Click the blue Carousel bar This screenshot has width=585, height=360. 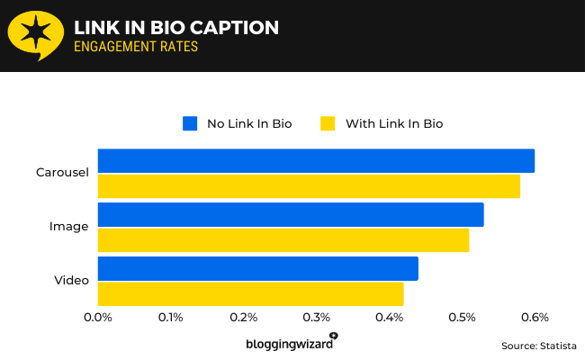point(316,160)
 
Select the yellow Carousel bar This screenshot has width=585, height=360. point(309,186)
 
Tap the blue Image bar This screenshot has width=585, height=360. point(291,214)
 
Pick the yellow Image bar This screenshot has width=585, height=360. point(283,240)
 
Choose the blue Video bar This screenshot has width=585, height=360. point(257,268)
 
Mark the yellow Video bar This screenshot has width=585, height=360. point(250,294)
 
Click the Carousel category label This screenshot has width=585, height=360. point(62,173)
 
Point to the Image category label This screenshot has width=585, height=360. point(68,227)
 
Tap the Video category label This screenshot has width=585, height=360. point(71,281)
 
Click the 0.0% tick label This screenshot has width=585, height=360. point(97,317)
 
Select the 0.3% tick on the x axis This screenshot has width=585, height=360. point(316,317)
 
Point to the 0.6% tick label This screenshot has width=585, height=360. point(535,317)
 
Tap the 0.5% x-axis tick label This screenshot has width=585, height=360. point(462,317)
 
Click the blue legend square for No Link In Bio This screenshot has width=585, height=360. point(190,123)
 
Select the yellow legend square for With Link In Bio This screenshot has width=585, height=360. point(328,123)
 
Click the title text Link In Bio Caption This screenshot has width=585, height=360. point(175,28)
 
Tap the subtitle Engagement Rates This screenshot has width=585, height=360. point(135,48)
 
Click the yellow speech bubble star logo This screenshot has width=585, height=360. point(34,35)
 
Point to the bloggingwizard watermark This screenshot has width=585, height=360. point(291,343)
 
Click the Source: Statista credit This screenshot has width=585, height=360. point(538,345)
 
